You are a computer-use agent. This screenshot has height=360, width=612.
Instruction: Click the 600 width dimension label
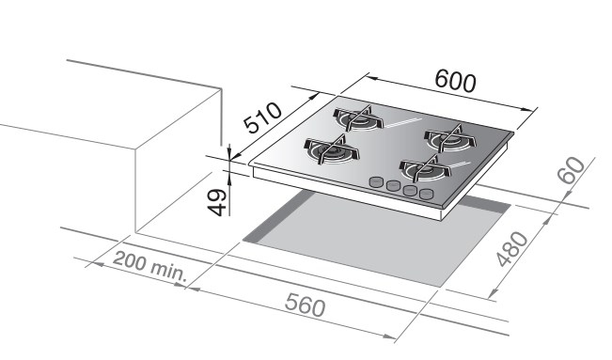(456, 81)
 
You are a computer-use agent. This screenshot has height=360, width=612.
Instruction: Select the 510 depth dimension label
(262, 117)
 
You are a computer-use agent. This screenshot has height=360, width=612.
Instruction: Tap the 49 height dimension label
(216, 202)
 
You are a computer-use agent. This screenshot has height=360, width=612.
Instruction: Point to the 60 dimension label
(572, 170)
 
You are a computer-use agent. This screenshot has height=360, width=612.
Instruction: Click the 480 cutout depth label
(512, 249)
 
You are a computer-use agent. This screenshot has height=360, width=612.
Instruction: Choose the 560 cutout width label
(305, 305)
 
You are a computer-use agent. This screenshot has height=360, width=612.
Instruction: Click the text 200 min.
(150, 267)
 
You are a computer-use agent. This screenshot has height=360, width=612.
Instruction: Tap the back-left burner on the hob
(358, 117)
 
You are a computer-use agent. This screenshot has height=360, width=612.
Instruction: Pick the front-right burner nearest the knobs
(425, 168)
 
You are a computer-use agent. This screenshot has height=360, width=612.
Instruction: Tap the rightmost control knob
(427, 194)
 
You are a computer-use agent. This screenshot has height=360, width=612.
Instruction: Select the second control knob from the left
(393, 185)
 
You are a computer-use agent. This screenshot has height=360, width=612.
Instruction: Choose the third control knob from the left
(410, 190)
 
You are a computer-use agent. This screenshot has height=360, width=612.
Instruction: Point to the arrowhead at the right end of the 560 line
(390, 337)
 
